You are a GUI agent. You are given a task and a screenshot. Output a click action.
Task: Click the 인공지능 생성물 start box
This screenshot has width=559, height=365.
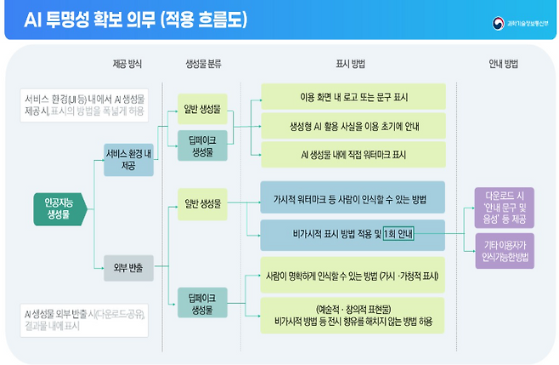(58, 208)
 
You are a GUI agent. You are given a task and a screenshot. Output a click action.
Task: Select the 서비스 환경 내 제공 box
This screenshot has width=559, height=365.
(129, 158)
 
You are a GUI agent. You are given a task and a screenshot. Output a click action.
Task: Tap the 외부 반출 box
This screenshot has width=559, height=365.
(129, 268)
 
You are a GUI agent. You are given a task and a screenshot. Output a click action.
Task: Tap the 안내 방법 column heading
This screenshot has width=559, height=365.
(504, 63)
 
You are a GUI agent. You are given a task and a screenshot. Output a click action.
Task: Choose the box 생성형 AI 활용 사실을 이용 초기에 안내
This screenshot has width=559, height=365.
(353, 127)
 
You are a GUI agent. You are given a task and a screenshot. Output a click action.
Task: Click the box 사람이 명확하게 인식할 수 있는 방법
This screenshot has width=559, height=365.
(353, 275)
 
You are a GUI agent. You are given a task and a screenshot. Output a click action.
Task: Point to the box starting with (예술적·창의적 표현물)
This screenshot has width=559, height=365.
(353, 315)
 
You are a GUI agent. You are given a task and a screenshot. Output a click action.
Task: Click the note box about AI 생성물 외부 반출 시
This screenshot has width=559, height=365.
(85, 318)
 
